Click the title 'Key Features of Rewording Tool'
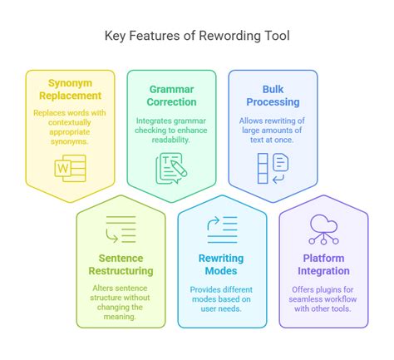(x=197, y=36)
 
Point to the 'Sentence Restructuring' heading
(x=121, y=264)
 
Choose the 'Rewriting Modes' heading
(x=223, y=264)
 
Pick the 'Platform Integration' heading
(x=323, y=264)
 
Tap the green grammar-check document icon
(x=171, y=167)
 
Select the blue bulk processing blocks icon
(x=273, y=167)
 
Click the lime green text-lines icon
(x=121, y=229)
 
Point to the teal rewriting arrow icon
(x=223, y=229)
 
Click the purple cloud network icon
(x=323, y=229)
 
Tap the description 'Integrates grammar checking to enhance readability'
(x=171, y=130)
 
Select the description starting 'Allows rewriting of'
(x=273, y=130)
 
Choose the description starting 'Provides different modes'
(x=223, y=297)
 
